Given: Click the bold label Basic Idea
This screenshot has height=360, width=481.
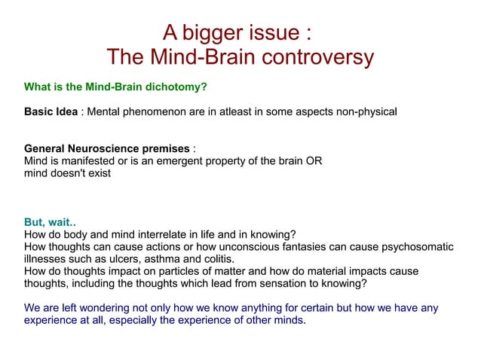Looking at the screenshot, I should point(51,112).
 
